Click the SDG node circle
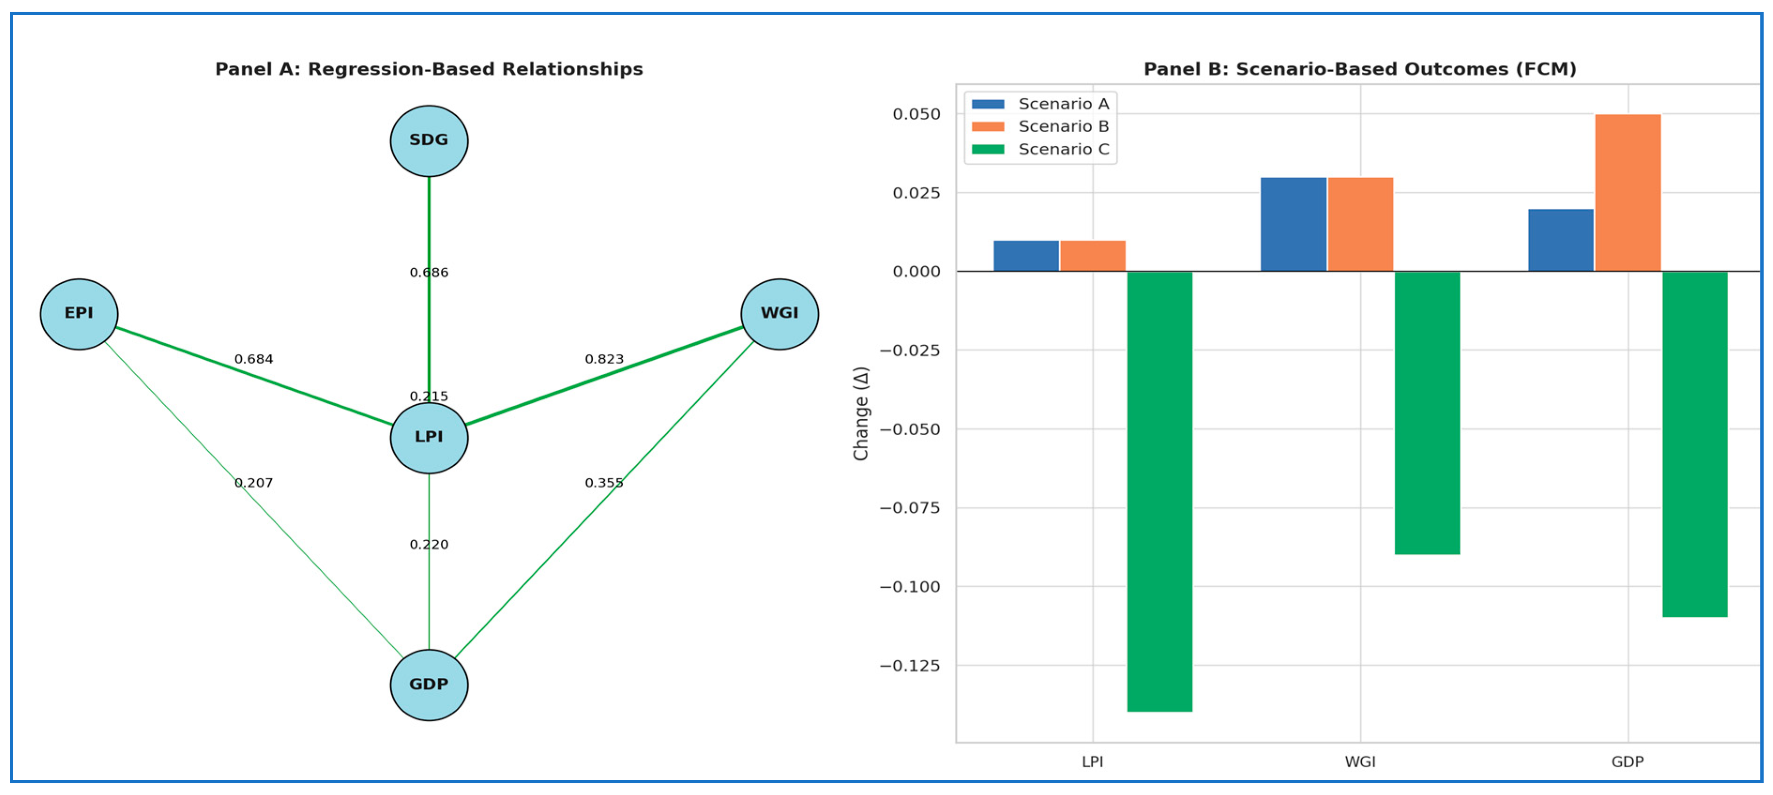tap(429, 140)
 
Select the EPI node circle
tap(79, 314)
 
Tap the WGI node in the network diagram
tap(779, 314)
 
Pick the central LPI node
tap(429, 438)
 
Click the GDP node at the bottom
tap(429, 685)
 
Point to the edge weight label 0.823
tap(604, 359)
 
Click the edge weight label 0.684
tap(253, 359)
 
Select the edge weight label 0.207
tap(253, 483)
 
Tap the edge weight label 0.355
tap(604, 483)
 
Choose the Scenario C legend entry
tap(1041, 149)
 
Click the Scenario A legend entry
tap(1041, 104)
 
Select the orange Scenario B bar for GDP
tap(1627, 193)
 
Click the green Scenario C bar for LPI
tap(1159, 492)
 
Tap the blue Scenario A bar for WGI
tap(1292, 224)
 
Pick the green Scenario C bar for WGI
tap(1427, 413)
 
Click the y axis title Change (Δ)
tap(861, 413)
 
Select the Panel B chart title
tap(1359, 69)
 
